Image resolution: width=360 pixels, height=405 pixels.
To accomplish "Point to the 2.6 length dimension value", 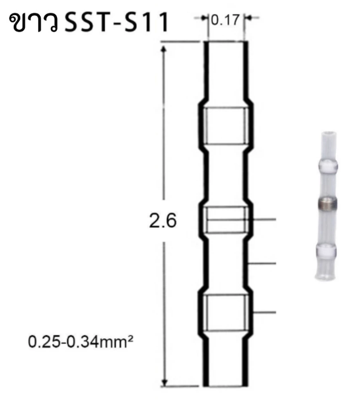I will (x=162, y=221).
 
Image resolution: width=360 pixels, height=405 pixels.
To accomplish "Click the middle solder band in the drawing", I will (x=225, y=219).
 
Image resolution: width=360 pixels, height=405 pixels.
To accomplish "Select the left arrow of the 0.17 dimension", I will (x=201, y=19).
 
